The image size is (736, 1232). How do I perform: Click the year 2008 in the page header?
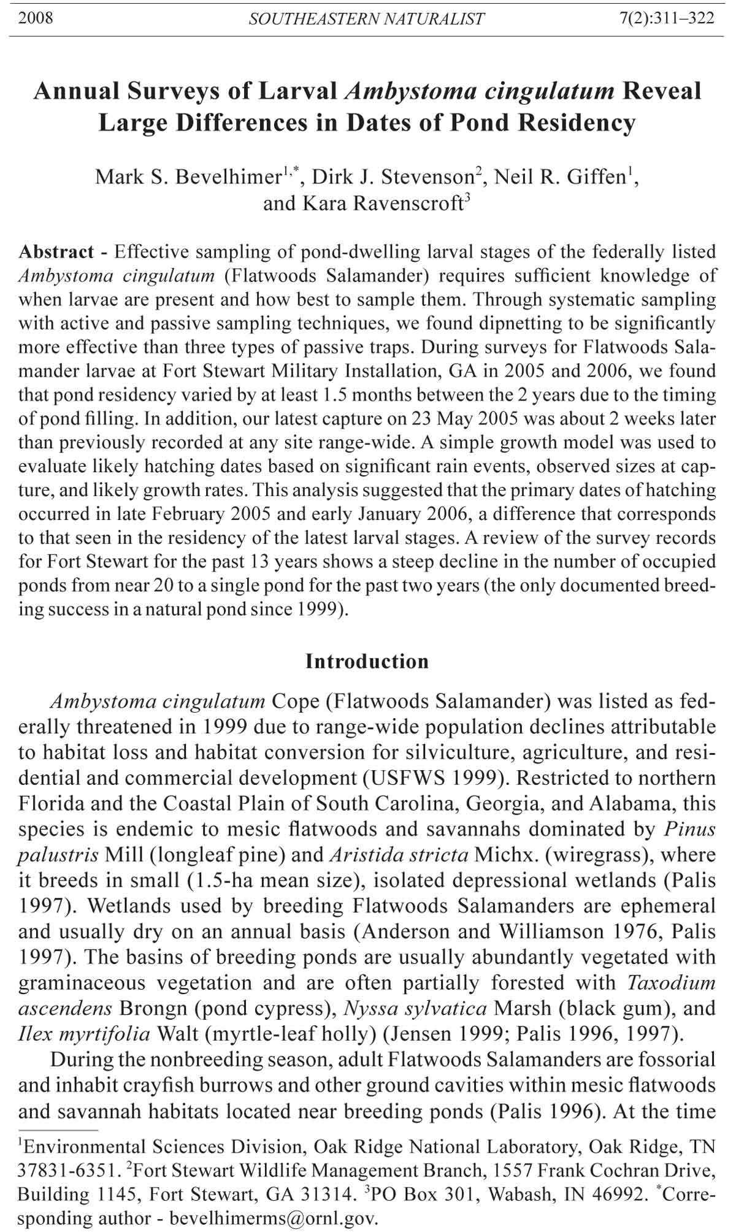click(x=36, y=17)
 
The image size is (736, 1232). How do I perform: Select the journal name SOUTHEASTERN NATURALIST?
click(x=366, y=19)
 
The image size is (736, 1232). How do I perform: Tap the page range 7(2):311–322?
click(x=667, y=18)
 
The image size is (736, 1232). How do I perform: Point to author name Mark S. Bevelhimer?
click(x=188, y=177)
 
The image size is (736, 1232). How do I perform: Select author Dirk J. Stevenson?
click(x=393, y=177)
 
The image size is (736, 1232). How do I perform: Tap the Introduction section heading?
click(x=367, y=661)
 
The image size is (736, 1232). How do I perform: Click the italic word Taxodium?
click(x=671, y=982)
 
